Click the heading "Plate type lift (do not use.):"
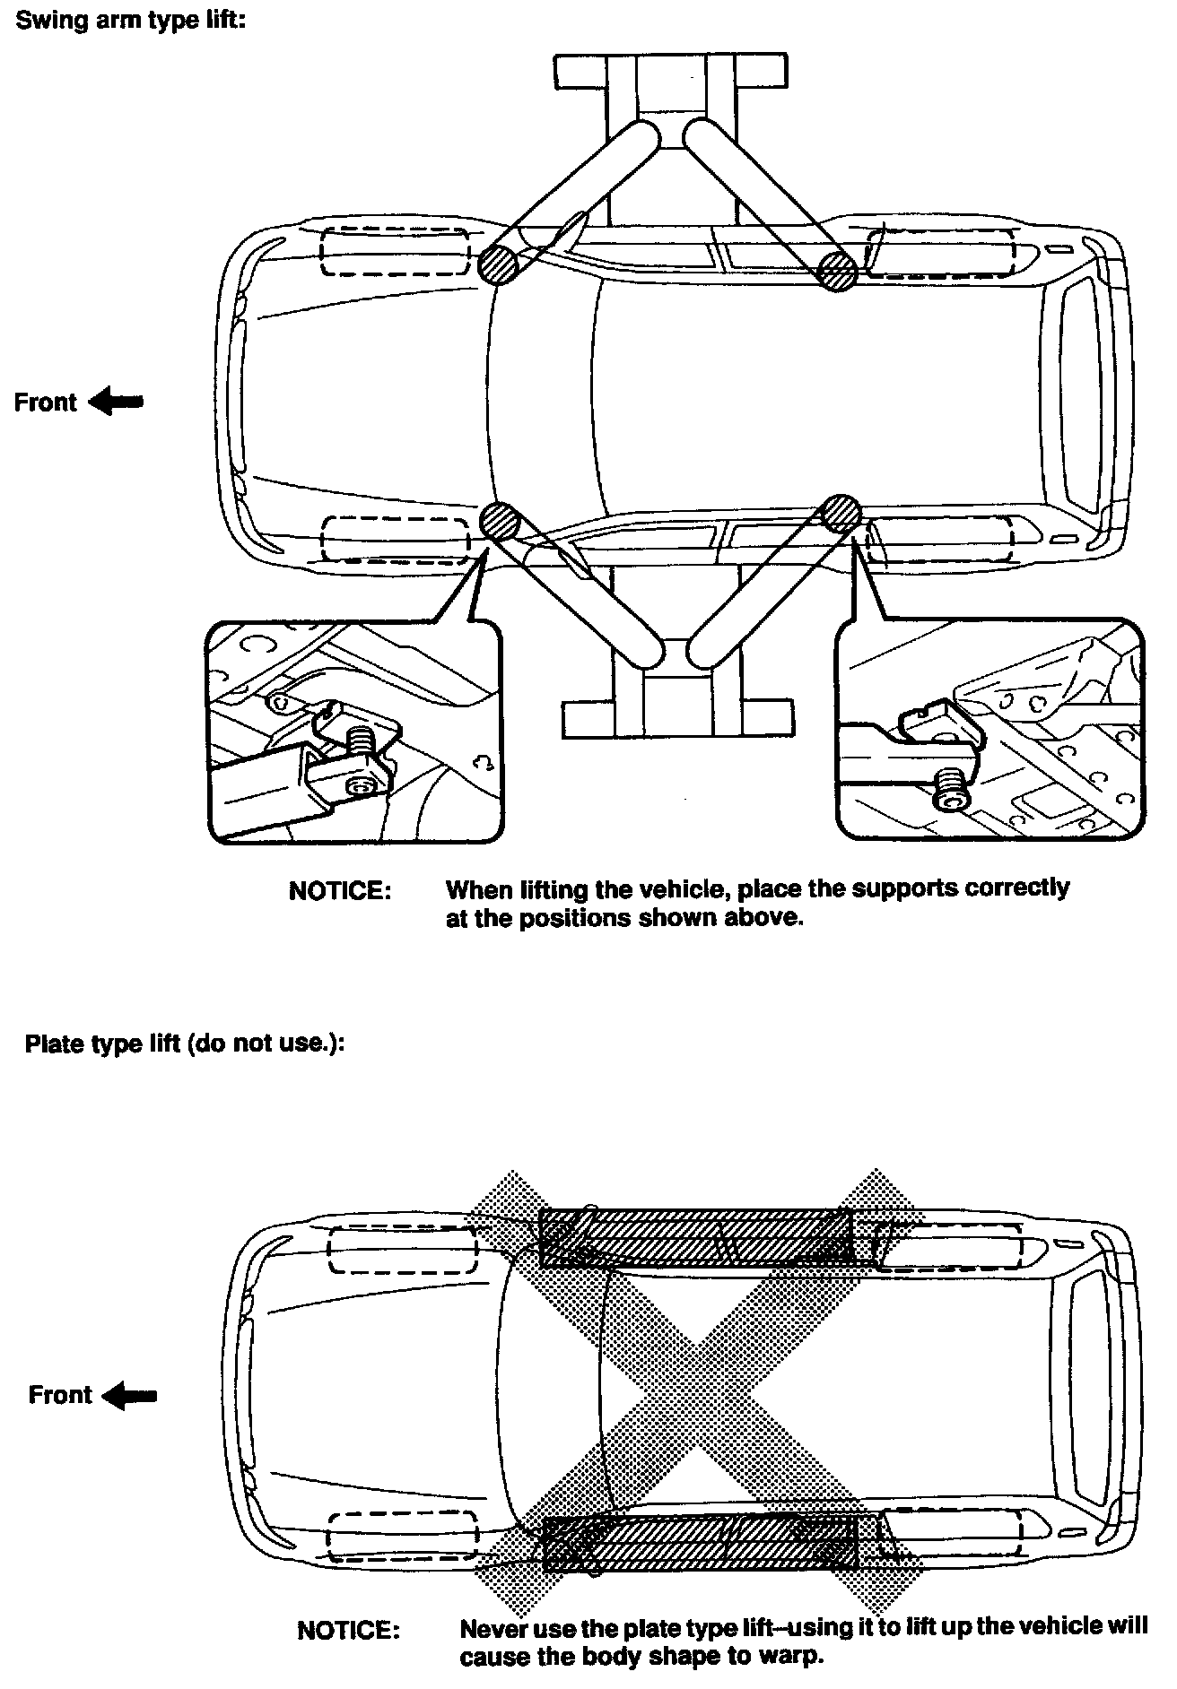pyautogui.click(x=185, y=1044)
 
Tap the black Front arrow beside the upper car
pyautogui.click(x=116, y=403)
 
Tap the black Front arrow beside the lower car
pyautogui.click(x=130, y=1395)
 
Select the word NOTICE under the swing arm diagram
pyautogui.click(x=340, y=891)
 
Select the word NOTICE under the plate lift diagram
pyautogui.click(x=349, y=1630)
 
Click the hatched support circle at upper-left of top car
pyautogui.click(x=497, y=265)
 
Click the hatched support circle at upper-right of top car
pyautogui.click(x=838, y=270)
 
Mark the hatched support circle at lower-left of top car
pyautogui.click(x=500, y=520)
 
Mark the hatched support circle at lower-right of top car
pyautogui.click(x=841, y=513)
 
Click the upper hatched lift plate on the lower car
pyautogui.click(x=696, y=1237)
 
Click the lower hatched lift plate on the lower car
pyautogui.click(x=701, y=1542)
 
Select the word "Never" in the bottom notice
pyautogui.click(x=490, y=1627)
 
